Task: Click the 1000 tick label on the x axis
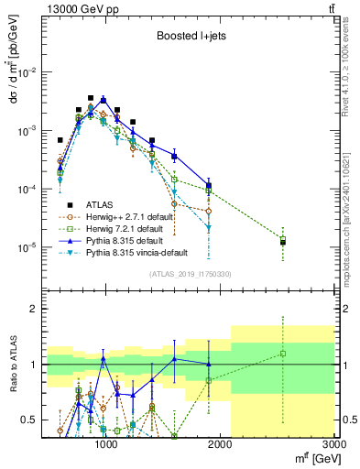[106, 445]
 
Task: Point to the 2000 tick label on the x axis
[220, 445]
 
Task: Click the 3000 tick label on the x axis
[333, 445]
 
